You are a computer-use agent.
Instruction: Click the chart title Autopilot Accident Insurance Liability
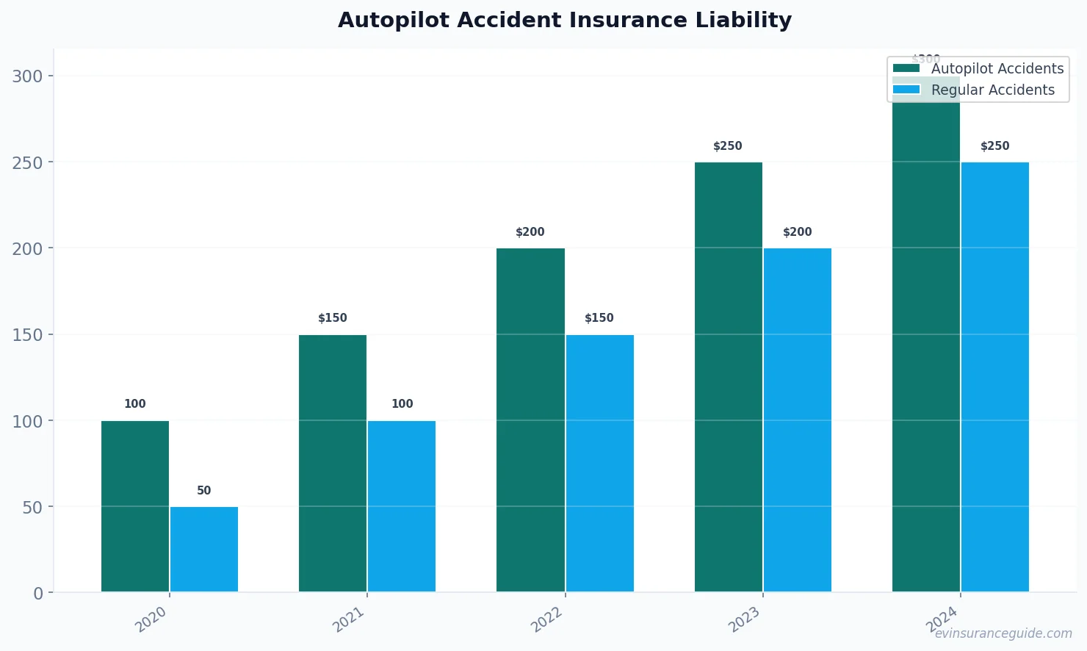point(564,20)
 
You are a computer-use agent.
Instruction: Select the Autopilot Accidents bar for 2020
point(135,506)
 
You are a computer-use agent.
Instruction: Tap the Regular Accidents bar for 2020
point(204,549)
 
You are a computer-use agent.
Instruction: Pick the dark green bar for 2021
point(333,463)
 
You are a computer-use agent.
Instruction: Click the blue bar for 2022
point(599,463)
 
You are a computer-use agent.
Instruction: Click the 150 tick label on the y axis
point(27,335)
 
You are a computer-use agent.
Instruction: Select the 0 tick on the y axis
point(38,594)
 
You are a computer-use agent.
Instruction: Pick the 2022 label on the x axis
point(547,620)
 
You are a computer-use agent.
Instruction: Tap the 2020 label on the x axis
point(151,620)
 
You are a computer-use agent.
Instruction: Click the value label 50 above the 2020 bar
point(204,491)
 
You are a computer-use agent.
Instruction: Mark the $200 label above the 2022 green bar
point(530,232)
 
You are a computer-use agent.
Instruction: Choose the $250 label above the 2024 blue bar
point(994,146)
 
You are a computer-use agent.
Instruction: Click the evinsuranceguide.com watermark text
point(1003,633)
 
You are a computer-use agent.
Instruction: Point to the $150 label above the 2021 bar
point(332,318)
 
